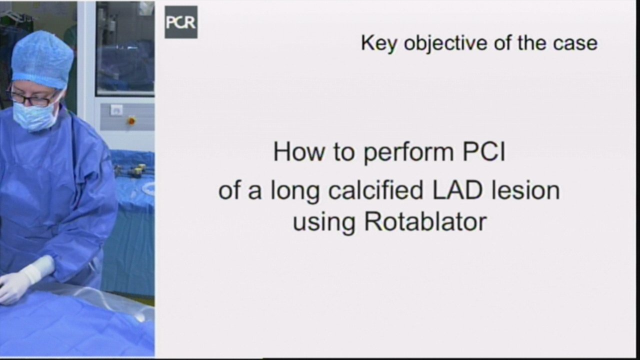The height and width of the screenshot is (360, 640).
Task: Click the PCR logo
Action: click(181, 22)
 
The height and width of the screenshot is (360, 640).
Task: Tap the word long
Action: click(295, 190)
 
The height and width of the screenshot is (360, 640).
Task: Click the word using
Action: click(324, 223)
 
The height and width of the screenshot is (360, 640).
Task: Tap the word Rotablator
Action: click(425, 221)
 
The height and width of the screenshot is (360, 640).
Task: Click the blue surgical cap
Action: click(42, 59)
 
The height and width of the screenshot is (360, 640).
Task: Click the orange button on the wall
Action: click(131, 121)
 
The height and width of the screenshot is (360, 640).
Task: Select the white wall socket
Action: click(116, 110)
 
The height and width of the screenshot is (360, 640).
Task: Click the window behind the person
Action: click(125, 48)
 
